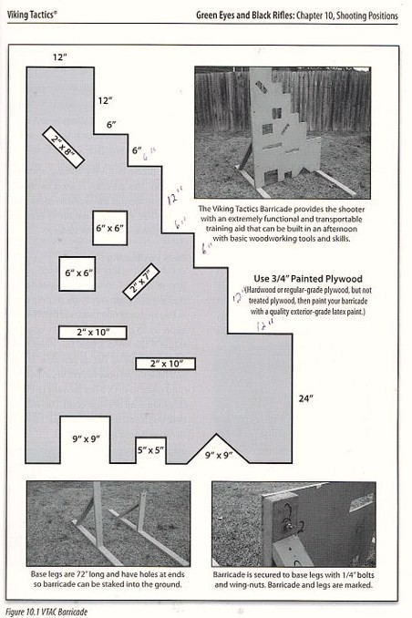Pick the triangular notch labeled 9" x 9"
click(x=219, y=452)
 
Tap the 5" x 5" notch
click(x=150, y=449)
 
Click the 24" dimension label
click(x=304, y=398)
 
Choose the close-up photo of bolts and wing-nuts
click(x=293, y=523)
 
